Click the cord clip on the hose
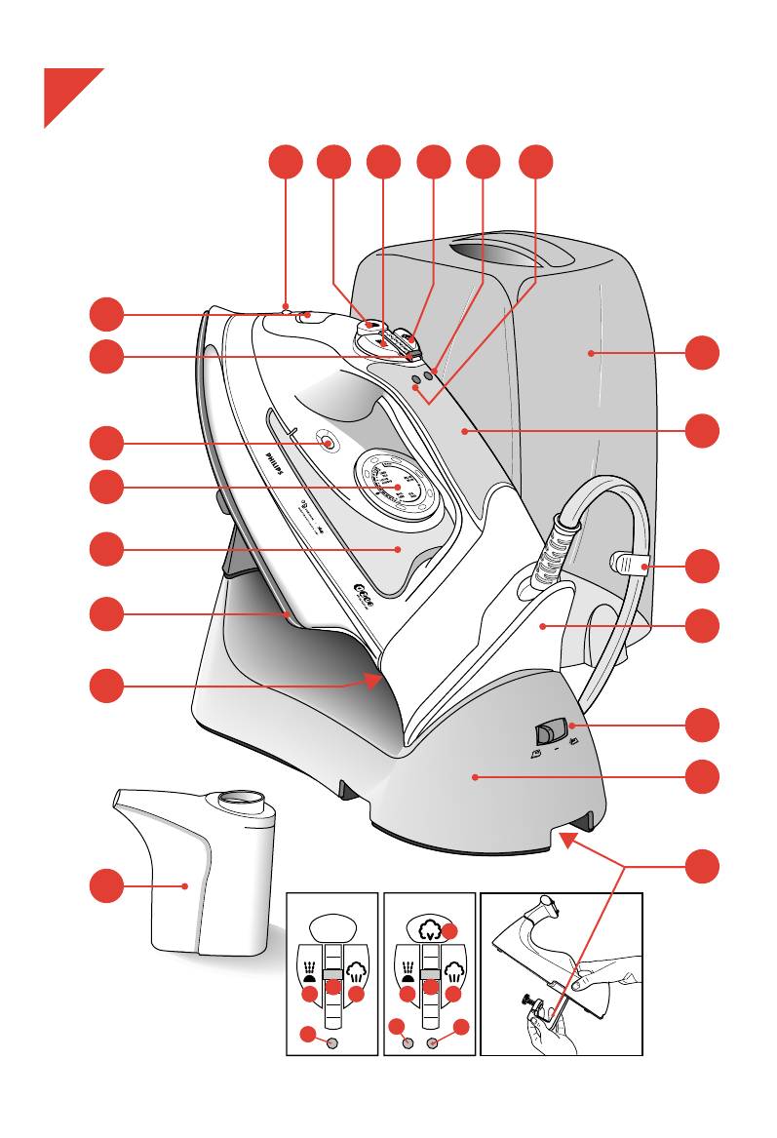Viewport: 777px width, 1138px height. pyautogui.click(x=629, y=564)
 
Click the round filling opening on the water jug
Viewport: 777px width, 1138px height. pyautogui.click(x=239, y=801)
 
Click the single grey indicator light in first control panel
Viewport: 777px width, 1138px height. pyautogui.click(x=331, y=1042)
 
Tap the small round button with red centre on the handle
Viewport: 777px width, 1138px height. pyautogui.click(x=329, y=444)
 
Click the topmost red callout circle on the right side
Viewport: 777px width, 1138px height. pyautogui.click(x=704, y=352)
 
